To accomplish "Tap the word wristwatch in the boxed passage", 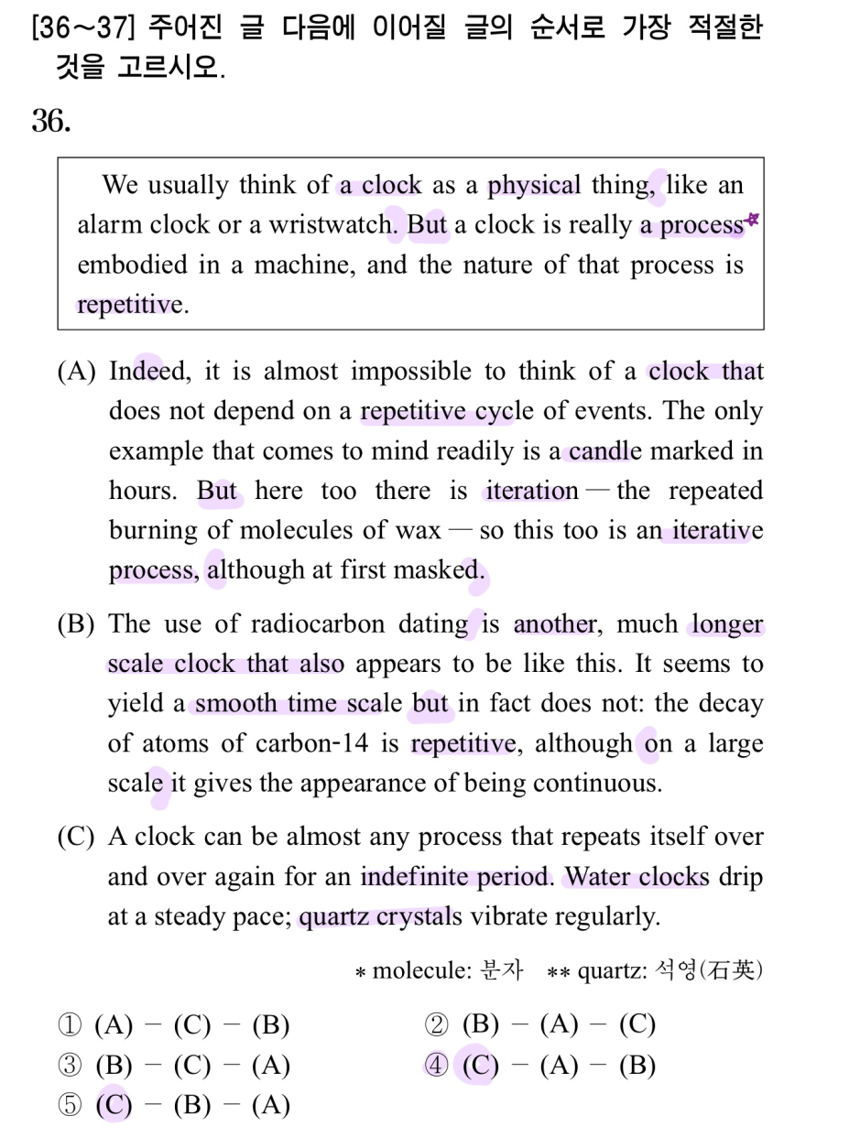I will pyautogui.click(x=331, y=225).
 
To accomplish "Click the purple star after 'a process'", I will pyautogui.click(x=753, y=220).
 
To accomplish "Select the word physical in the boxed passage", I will pyautogui.click(x=534, y=186).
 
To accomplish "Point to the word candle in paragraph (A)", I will pyautogui.click(x=604, y=451).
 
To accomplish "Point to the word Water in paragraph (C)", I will pyautogui.click(x=597, y=877).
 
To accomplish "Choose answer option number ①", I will pyautogui.click(x=70, y=1024).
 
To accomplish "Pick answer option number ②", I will pyautogui.click(x=436, y=1024).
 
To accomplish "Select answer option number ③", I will pyautogui.click(x=70, y=1066).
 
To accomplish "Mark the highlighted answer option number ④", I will pyautogui.click(x=436, y=1066).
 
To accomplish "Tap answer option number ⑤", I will pyautogui.click(x=70, y=1106).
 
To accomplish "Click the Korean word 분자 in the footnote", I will pyautogui.click(x=502, y=970).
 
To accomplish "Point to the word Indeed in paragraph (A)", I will pyautogui.click(x=148, y=372).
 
